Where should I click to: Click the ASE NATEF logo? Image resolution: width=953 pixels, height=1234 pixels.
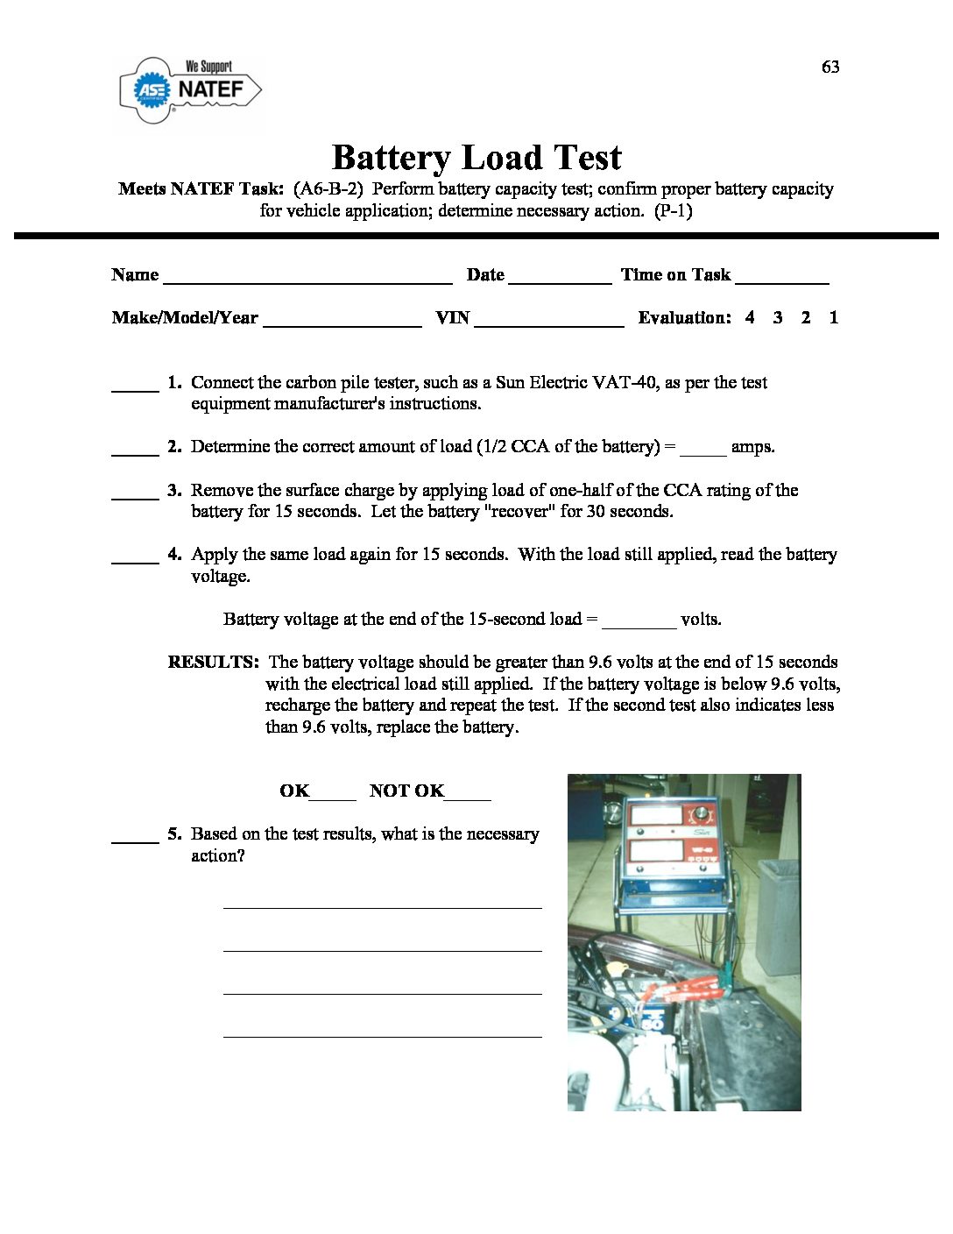tap(190, 89)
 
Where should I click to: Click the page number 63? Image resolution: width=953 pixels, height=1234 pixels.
tap(830, 67)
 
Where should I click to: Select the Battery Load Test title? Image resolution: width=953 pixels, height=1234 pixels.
tap(476, 158)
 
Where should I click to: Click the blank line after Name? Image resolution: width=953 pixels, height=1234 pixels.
tap(307, 279)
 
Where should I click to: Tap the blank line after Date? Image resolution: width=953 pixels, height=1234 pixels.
tap(560, 279)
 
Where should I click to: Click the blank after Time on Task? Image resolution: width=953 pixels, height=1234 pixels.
tap(781, 279)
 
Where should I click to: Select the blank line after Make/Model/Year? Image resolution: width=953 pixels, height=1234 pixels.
tap(342, 322)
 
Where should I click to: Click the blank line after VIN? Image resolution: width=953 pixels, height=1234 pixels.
tap(548, 322)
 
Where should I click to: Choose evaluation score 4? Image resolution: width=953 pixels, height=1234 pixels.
tap(750, 317)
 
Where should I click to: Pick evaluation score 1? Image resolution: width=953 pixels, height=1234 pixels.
tap(834, 317)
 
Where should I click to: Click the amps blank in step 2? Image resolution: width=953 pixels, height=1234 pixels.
tap(702, 451)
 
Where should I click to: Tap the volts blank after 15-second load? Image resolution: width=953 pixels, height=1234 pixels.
tap(639, 624)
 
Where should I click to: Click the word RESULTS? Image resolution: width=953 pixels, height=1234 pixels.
tap(213, 662)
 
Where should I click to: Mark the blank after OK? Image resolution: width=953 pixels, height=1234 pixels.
tap(333, 796)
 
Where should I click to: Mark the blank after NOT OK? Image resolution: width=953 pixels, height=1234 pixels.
tap(468, 796)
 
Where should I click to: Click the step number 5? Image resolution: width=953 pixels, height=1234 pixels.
tap(174, 833)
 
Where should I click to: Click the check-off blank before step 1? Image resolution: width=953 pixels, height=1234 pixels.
tap(135, 387)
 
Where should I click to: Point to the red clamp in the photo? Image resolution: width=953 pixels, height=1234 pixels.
tap(692, 991)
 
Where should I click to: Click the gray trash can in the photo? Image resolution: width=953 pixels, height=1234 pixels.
tap(779, 916)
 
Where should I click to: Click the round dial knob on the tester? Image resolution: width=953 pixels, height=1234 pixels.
tap(701, 813)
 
